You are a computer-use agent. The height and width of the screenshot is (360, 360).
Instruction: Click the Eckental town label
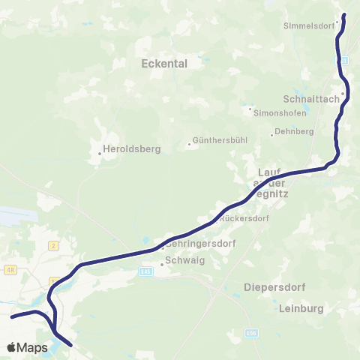[164, 64]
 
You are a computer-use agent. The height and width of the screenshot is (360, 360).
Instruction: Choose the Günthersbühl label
[217, 140]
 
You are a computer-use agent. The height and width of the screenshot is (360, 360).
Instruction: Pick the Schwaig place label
[184, 262]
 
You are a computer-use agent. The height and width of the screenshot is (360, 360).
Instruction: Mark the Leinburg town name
[300, 308]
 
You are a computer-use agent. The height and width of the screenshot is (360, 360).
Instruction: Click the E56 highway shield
[250, 330]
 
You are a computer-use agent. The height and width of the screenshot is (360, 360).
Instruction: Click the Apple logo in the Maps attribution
[11, 348]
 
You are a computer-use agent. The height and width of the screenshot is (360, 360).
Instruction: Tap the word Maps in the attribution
[32, 348]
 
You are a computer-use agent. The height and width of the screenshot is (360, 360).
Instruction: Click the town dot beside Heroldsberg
[100, 154]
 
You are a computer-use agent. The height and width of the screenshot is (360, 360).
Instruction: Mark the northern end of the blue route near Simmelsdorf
[344, 15]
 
